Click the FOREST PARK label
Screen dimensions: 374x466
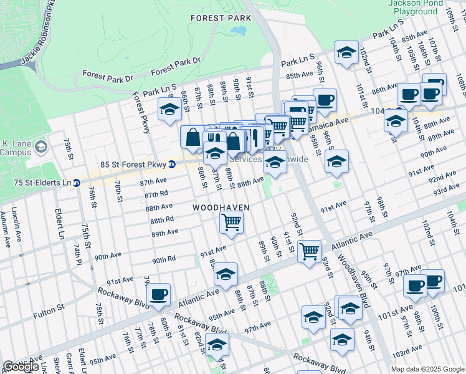click(x=221, y=18)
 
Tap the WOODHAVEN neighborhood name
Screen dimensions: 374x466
click(x=221, y=207)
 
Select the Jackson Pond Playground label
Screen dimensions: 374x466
click(x=413, y=7)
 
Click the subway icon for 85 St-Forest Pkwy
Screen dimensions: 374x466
click(x=172, y=165)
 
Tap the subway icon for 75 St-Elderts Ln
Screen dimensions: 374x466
click(x=76, y=183)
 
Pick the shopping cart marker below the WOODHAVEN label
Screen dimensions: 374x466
click(x=231, y=223)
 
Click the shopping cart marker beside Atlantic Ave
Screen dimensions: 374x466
click(x=309, y=252)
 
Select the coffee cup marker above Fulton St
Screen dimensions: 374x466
click(x=159, y=294)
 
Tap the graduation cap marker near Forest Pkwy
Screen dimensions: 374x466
click(x=169, y=110)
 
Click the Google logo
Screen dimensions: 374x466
click(x=21, y=367)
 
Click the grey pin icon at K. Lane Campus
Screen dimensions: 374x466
click(x=42, y=147)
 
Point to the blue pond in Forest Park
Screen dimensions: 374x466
click(x=238, y=30)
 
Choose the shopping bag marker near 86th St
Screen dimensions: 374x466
click(x=193, y=138)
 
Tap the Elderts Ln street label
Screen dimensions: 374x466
click(x=60, y=224)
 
